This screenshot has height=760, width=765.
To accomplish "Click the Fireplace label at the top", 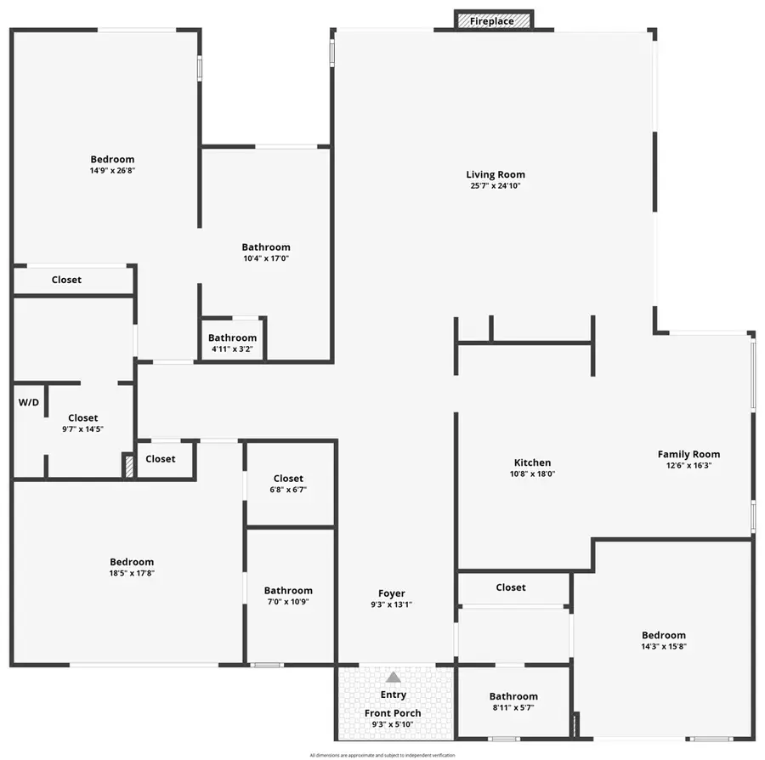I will (x=492, y=21).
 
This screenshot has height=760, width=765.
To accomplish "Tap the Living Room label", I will (x=496, y=174).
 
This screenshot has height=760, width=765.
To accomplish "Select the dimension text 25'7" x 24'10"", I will (x=496, y=185).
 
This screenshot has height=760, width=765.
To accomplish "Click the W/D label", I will (x=29, y=401).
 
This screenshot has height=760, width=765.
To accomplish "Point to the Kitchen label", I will (x=532, y=462).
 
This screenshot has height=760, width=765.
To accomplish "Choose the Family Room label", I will (x=688, y=454).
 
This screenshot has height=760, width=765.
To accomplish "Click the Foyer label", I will (x=392, y=593).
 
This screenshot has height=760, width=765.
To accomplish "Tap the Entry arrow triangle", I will (x=393, y=678).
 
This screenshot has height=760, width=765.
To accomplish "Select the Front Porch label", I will (x=393, y=713).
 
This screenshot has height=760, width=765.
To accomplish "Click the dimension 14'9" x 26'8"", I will (x=112, y=170).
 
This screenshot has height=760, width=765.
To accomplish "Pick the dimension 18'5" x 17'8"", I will (x=132, y=573).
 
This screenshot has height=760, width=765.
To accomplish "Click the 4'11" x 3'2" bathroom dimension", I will (x=232, y=349).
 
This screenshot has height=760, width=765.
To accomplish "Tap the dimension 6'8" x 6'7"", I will (x=288, y=490).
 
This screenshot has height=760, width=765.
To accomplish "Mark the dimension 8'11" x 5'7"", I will (x=513, y=707).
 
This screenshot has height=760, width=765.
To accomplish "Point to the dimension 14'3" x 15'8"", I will (x=664, y=646).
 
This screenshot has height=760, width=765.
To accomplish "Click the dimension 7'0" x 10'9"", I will (x=288, y=602).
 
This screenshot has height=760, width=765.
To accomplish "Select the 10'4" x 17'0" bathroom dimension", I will (x=266, y=258).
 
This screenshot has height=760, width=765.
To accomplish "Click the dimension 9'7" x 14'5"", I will (x=82, y=429).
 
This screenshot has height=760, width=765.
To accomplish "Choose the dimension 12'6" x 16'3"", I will (x=688, y=465).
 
